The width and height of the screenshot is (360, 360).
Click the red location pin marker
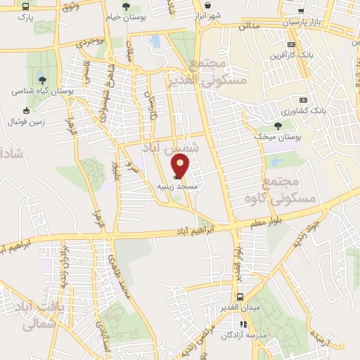(181, 166)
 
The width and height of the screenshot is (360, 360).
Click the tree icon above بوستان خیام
(126, 7)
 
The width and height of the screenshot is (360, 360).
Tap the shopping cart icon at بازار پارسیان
(302, 11)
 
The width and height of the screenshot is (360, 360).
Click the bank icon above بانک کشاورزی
(304, 99)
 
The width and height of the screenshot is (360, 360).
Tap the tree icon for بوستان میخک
(278, 125)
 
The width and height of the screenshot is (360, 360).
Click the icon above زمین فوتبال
(27, 110)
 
